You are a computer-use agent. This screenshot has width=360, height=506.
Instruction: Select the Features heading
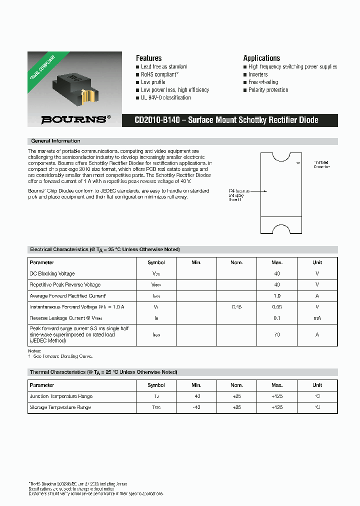click(148, 58)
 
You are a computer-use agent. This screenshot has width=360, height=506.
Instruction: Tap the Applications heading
click(261, 58)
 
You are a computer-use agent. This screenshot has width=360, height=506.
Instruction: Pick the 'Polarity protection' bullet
click(268, 90)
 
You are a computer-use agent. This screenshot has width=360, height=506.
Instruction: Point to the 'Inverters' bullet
click(257, 74)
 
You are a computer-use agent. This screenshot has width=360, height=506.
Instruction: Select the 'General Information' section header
click(55, 141)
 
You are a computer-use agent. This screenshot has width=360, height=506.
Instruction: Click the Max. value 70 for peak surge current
click(277, 334)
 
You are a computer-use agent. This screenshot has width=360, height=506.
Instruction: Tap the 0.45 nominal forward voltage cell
click(236, 307)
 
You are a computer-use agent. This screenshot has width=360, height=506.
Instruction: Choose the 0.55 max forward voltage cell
click(277, 307)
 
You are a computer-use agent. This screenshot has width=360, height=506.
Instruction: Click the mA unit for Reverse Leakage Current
click(317, 318)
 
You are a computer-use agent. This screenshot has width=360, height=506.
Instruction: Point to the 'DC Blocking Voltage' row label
click(52, 273)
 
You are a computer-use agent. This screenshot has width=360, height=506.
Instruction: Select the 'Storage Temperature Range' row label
click(60, 407)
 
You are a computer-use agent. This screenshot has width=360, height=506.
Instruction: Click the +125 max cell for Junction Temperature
click(277, 396)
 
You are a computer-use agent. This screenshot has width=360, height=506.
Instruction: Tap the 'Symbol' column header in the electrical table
click(156, 262)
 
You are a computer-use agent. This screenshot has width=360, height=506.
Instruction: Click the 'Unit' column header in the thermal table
click(317, 385)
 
